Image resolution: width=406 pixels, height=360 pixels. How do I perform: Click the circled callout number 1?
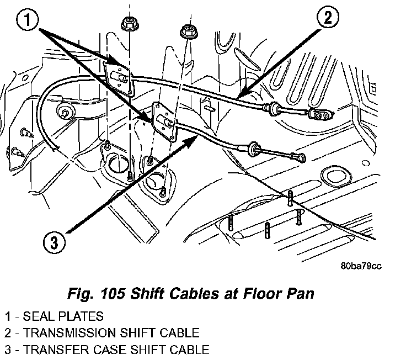(x=27, y=21)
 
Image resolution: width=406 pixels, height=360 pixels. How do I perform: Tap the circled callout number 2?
(x=327, y=18)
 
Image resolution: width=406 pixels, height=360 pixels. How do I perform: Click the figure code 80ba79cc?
(x=361, y=266)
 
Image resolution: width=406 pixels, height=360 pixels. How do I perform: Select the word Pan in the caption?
(x=302, y=293)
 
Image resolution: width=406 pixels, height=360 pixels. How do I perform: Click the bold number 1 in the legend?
(x=8, y=317)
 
